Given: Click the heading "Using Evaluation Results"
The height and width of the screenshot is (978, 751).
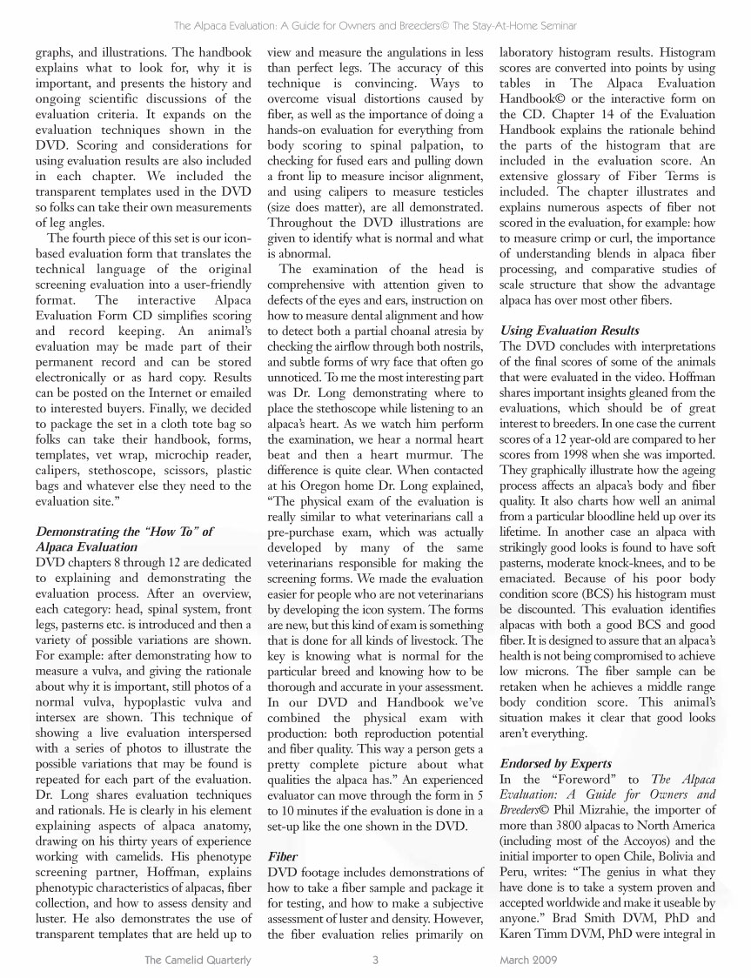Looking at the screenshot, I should [x=570, y=331].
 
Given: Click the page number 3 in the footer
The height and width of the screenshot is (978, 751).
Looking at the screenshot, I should [x=374, y=961].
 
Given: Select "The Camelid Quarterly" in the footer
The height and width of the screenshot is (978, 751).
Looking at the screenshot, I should [x=198, y=961].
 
